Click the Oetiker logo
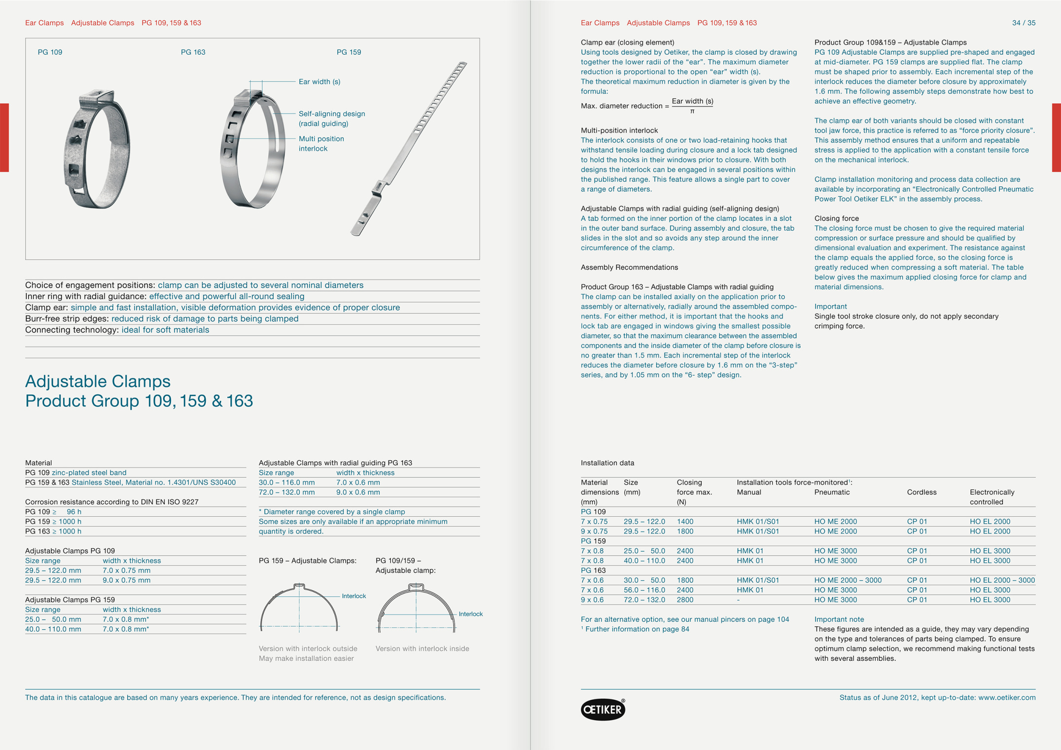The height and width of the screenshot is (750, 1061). [x=602, y=709]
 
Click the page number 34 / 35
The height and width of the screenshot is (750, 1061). [x=1023, y=23]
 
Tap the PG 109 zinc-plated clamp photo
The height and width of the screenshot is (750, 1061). [x=98, y=148]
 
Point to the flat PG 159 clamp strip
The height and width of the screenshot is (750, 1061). [x=409, y=148]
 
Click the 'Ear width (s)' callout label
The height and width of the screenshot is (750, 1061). [x=319, y=82]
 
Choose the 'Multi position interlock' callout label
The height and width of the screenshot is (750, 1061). [x=321, y=143]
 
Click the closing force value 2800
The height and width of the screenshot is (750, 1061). [x=685, y=600]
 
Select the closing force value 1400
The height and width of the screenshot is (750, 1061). [x=685, y=521]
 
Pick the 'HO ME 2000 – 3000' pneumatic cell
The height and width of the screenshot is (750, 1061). [x=848, y=580]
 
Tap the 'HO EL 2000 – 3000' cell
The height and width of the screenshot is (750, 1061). [x=1002, y=580]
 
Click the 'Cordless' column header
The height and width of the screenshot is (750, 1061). [x=921, y=492]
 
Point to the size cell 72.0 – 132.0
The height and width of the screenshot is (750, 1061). [x=644, y=600]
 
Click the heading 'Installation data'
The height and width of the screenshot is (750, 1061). [x=607, y=463]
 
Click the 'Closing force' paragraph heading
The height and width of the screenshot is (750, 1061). [x=836, y=218]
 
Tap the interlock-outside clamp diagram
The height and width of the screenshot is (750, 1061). [x=299, y=607]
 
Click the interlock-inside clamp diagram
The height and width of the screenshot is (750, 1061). [x=416, y=608]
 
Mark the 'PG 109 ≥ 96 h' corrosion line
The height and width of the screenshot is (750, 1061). [x=53, y=511]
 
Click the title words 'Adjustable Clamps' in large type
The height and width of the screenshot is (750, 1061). [x=98, y=381]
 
